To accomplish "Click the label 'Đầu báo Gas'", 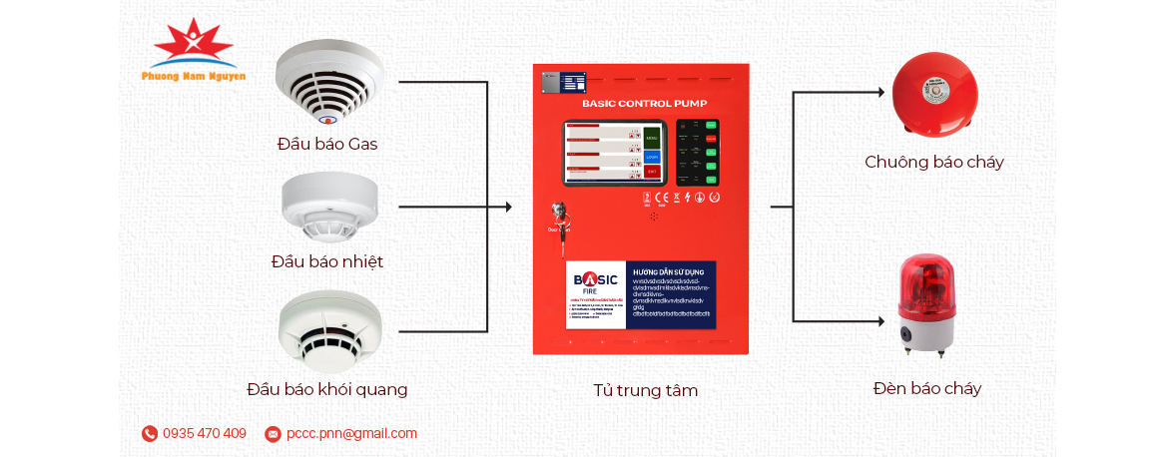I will pyautogui.click(x=327, y=144).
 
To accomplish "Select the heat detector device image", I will pyautogui.click(x=327, y=209).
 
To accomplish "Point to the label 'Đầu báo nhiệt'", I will pyautogui.click(x=327, y=261).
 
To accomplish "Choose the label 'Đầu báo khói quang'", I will pyautogui.click(x=327, y=389).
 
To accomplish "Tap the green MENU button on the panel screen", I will pyautogui.click(x=652, y=138).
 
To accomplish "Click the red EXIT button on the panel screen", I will pyautogui.click(x=652, y=173).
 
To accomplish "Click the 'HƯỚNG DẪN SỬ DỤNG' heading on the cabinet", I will pyautogui.click(x=669, y=270).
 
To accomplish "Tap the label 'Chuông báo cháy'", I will pyautogui.click(x=934, y=162).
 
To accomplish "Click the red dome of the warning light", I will pyautogui.click(x=926, y=278).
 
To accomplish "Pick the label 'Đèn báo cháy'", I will pyautogui.click(x=927, y=388).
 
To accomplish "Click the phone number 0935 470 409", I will pyautogui.click(x=204, y=433).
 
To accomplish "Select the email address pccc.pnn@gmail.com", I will pyautogui.click(x=351, y=433).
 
